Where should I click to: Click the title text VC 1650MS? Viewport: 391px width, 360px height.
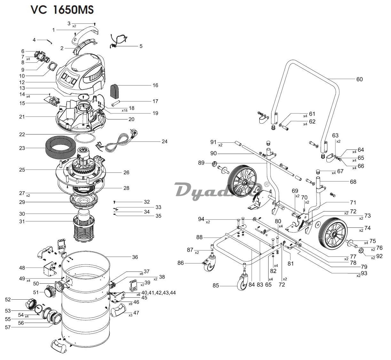tap(62, 10)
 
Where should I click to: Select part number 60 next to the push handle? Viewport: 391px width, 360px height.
tap(359, 79)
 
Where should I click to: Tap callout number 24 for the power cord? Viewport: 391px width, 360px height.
tap(164, 142)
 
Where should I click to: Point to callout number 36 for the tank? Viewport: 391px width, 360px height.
tap(135, 257)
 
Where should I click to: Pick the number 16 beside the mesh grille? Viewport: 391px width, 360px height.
tap(155, 85)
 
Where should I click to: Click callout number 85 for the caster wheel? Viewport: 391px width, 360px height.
tap(216, 285)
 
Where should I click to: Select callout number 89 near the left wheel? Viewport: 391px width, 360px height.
tap(201, 163)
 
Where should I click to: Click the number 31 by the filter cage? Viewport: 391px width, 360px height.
tap(22, 221)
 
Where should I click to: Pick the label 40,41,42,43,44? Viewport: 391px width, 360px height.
tap(158, 293)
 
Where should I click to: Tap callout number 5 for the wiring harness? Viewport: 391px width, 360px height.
tap(141, 46)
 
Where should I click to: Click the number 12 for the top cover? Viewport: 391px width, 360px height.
tap(22, 82)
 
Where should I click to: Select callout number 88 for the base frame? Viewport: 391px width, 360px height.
tap(199, 237)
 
